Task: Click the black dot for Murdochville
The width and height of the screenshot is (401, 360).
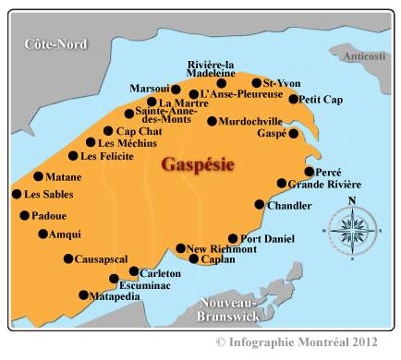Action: point(212,121)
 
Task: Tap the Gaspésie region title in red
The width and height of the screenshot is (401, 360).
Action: point(197,165)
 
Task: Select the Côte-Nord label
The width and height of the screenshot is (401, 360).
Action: point(55,44)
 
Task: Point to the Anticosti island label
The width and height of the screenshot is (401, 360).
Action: point(364,57)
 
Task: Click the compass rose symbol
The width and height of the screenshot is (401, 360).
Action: point(351,226)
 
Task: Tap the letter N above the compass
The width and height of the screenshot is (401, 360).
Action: point(351,200)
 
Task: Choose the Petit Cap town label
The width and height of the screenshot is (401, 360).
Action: point(322,100)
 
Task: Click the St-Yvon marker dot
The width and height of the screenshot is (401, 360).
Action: point(256,83)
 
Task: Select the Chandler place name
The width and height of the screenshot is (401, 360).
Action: point(289,205)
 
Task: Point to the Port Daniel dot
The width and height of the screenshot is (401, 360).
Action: point(233,238)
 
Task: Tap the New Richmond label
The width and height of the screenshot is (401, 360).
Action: point(222,249)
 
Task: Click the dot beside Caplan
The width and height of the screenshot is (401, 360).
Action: point(193,259)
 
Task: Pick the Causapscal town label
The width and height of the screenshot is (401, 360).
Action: point(101,259)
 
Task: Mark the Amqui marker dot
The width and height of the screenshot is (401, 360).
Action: point(43,234)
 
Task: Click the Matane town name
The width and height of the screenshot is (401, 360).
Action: point(64,176)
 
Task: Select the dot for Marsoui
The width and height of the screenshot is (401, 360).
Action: point(176,90)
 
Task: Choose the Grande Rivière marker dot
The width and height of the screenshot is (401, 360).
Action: point(282,184)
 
